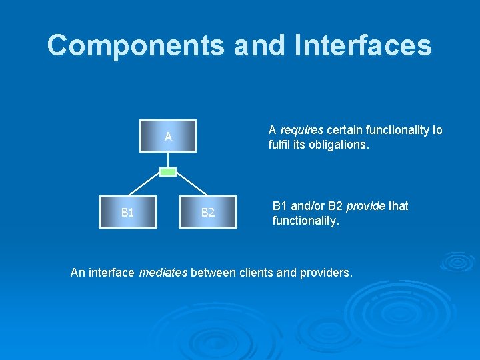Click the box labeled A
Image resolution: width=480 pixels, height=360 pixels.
(168, 136)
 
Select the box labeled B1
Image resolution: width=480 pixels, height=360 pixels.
(128, 212)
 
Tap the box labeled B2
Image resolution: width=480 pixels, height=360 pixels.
(208, 212)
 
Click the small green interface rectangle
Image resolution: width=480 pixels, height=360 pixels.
(169, 172)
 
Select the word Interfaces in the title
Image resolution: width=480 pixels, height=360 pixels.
(363, 45)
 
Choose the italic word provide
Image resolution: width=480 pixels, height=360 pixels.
(365, 206)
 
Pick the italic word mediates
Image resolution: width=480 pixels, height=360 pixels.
(163, 272)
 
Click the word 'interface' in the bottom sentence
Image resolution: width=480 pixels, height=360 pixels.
(111, 272)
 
